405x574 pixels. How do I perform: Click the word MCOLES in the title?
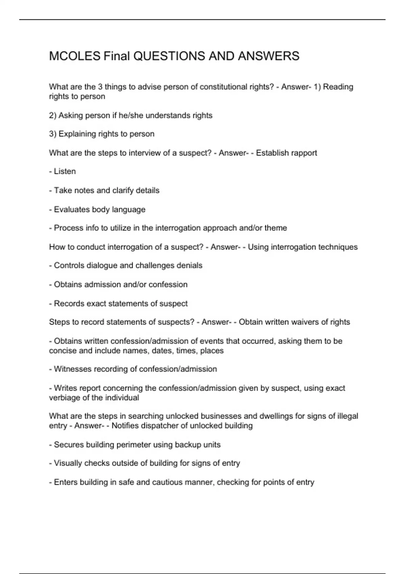pyautogui.click(x=75, y=56)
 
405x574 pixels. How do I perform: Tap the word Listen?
pyautogui.click(x=65, y=172)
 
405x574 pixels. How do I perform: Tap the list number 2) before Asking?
pyautogui.click(x=53, y=115)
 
